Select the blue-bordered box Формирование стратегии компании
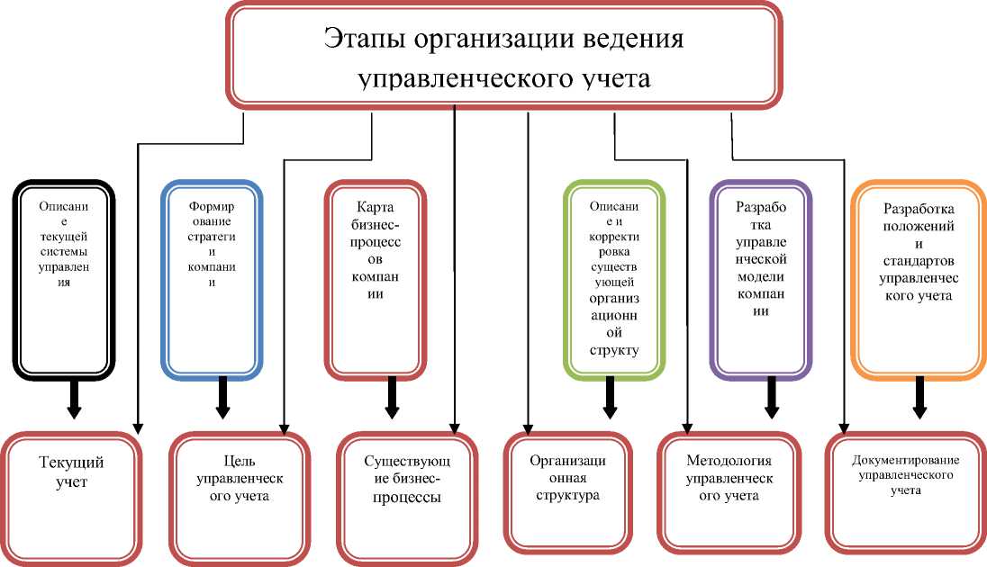[213, 279]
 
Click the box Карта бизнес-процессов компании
[375, 279]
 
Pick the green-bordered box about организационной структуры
[614, 279]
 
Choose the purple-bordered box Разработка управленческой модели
[760, 279]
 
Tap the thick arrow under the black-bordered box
[75, 399]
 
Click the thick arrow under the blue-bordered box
[222, 399]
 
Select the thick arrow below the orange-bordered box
[920, 399]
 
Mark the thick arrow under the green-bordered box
[611, 399]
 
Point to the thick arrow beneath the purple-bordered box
[771, 399]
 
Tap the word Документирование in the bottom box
[905, 461]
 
